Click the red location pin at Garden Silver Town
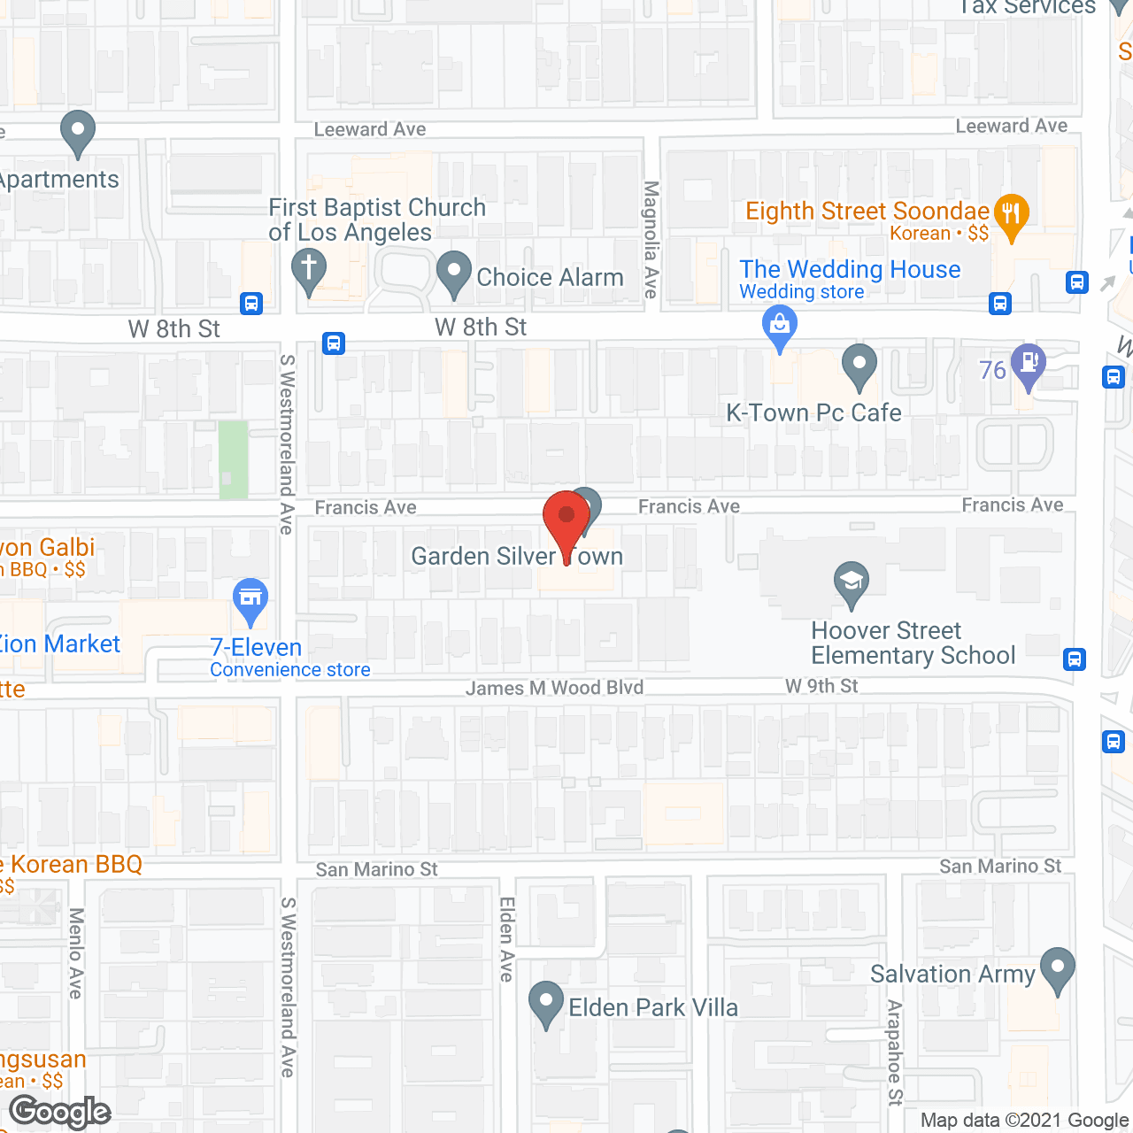[566, 518]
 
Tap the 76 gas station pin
[1028, 365]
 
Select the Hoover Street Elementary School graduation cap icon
[852, 583]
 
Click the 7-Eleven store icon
[250, 599]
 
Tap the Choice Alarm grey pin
[454, 272]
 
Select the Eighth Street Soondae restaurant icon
[1011, 215]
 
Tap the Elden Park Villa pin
[546, 1002]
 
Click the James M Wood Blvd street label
[555, 688]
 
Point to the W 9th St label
[821, 686]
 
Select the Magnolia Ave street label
[651, 239]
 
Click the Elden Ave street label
[507, 939]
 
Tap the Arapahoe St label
[895, 1052]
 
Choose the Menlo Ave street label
[76, 953]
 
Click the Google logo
[60, 1112]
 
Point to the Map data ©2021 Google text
[1025, 1121]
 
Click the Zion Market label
[58, 644]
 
